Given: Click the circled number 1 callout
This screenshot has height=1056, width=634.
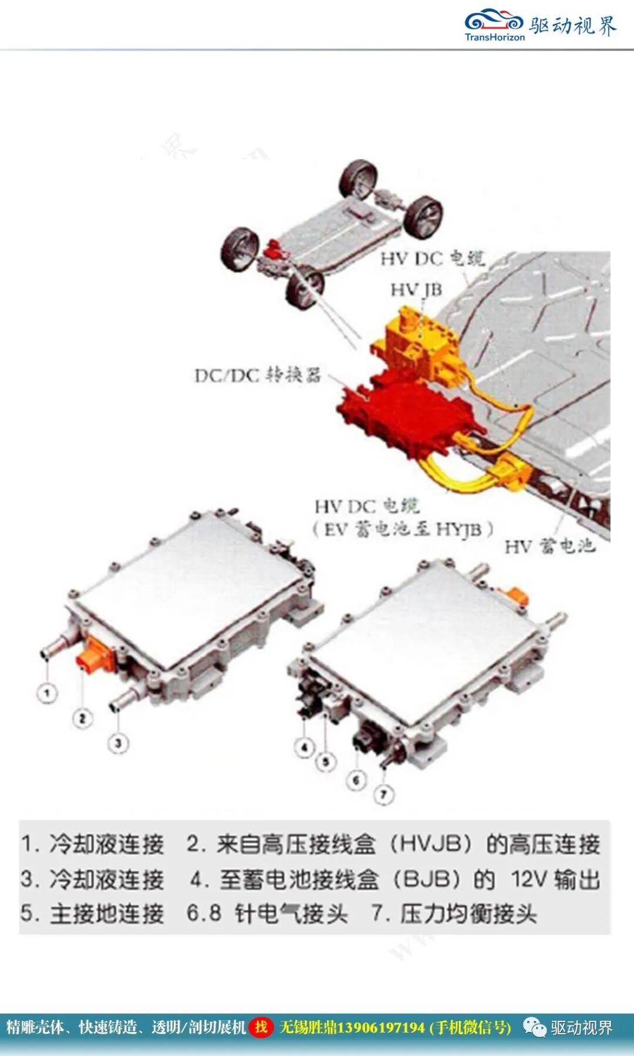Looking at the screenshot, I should (47, 693).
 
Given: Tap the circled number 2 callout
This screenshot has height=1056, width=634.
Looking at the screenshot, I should (82, 718).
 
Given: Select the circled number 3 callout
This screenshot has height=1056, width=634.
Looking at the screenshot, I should (118, 743).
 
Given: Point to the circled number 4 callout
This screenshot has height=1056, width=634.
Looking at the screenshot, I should (304, 747).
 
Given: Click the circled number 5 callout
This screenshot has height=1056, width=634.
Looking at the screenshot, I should (326, 762).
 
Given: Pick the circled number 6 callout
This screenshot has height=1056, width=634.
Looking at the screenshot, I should (356, 780).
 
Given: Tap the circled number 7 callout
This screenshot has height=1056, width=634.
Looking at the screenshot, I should (383, 795).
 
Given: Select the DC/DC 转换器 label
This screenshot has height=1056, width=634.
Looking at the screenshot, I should (258, 375).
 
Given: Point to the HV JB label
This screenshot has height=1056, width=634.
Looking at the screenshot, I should (416, 289).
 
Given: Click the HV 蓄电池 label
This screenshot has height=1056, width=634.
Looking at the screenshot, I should (549, 547).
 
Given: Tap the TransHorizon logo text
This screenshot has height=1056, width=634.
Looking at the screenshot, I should (494, 37).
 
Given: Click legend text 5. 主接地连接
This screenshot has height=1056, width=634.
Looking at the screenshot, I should (92, 913).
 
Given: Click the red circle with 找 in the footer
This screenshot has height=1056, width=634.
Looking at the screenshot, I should (261, 1027).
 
